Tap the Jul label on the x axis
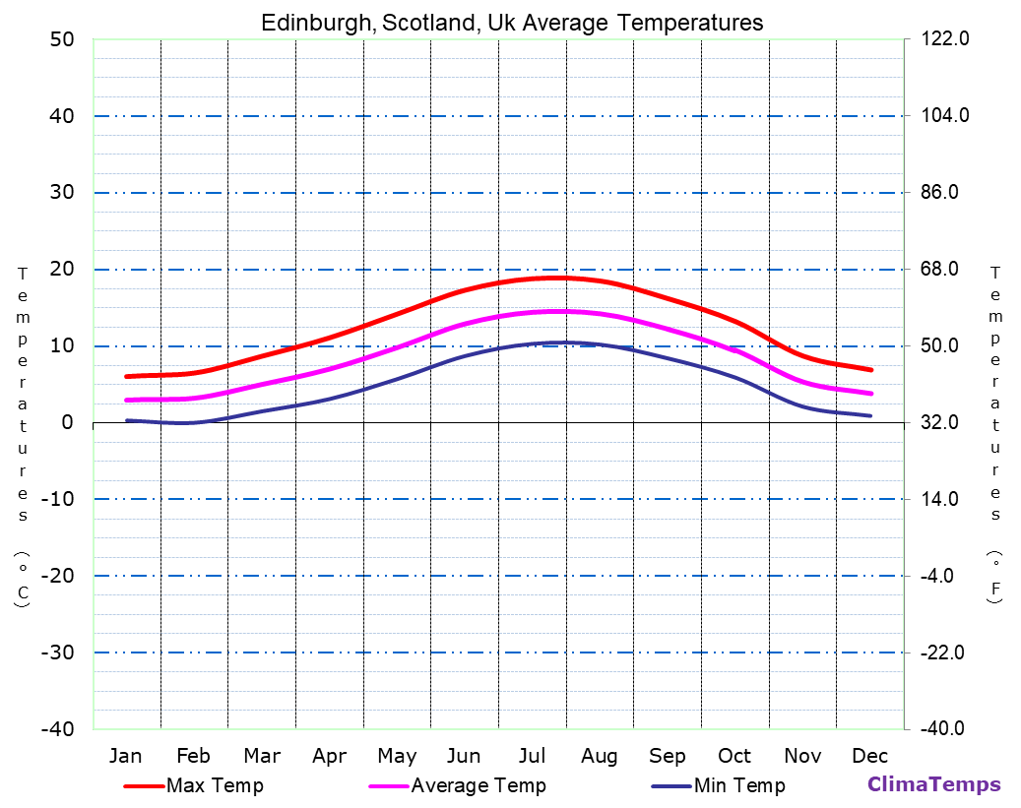pos(532,756)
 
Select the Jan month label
pos(125,756)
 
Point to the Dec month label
pos(870,756)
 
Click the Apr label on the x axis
pos(329,756)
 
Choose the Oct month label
pos(734,756)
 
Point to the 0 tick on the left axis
pos(67,422)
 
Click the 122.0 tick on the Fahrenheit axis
pos(944,39)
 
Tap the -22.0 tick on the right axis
pos(946,653)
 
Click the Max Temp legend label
pos(215,785)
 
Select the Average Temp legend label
pos(478,785)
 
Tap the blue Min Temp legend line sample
pos(670,786)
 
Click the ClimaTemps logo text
pos(933,784)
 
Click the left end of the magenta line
pos(127,400)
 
